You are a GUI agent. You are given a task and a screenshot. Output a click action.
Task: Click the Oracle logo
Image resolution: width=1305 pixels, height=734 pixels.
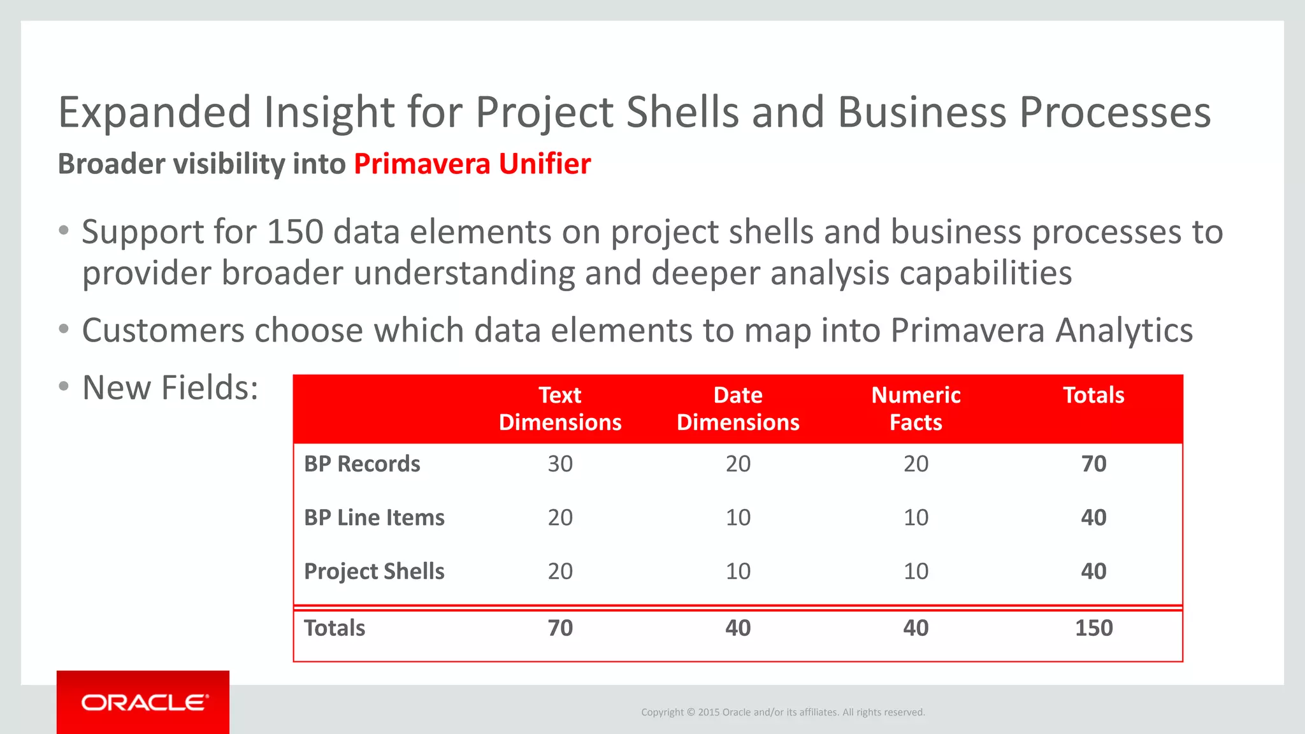[144, 702]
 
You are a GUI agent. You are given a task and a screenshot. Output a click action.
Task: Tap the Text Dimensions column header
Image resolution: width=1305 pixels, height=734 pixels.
[559, 409]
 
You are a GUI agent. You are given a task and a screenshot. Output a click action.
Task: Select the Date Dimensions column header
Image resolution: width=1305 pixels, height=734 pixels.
[738, 409]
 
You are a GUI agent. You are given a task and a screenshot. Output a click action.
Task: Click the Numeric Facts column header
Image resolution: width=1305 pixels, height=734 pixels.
[916, 409]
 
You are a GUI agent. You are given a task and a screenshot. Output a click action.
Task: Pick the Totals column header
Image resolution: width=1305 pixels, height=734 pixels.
[1093, 396]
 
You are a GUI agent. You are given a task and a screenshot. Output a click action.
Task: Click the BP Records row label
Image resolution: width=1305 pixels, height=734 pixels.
[362, 464]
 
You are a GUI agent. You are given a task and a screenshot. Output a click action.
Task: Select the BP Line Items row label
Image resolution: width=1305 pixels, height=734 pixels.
[374, 517]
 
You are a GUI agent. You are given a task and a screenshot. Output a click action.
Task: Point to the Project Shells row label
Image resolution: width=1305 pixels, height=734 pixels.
[374, 572]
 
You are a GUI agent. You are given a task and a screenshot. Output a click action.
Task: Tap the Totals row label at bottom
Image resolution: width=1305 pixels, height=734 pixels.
[335, 628]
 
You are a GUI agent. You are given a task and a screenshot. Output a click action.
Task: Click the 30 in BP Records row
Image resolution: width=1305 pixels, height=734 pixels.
[560, 464]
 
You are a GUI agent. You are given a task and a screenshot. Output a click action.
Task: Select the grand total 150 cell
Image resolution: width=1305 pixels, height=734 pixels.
[1093, 628]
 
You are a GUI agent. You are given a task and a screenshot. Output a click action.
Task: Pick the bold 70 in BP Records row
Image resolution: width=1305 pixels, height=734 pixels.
[1093, 464]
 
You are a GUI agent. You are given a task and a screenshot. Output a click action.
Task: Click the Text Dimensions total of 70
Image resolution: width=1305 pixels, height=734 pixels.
[560, 628]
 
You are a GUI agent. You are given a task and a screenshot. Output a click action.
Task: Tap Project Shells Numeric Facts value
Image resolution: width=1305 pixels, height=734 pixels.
[916, 572]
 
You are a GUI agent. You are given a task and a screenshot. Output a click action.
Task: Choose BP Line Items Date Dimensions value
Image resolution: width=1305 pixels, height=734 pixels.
[738, 517]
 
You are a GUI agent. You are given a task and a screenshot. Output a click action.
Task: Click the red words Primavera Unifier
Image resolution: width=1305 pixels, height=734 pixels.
[472, 164]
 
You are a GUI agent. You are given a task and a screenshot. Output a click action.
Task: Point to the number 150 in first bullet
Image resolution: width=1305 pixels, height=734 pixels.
[295, 232]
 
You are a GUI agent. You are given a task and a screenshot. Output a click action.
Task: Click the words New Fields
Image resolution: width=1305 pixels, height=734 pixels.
[170, 387]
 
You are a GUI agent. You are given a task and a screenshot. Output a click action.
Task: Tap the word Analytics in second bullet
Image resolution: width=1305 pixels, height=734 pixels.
[1123, 331]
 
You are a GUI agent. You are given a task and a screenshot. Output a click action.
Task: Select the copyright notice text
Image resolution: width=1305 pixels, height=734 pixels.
[782, 712]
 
